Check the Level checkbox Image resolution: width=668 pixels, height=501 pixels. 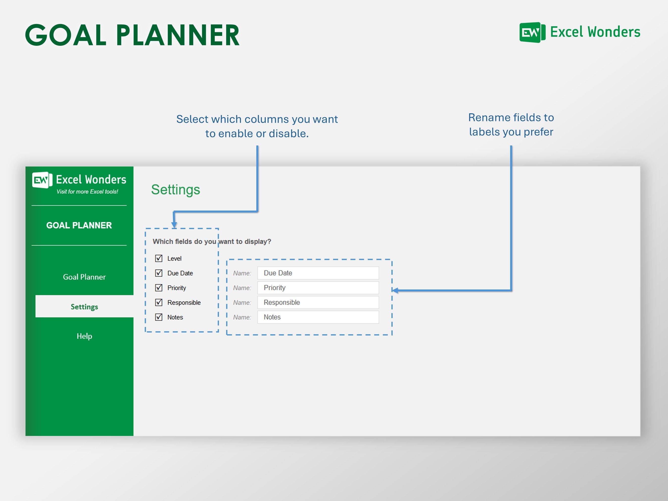click(x=159, y=258)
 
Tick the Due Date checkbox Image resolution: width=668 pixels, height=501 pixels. click(x=159, y=273)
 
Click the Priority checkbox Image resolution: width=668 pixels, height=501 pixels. click(x=159, y=287)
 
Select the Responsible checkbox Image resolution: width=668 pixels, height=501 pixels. click(x=159, y=302)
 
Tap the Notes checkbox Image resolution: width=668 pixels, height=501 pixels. click(x=159, y=317)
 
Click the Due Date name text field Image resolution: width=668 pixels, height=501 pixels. click(x=318, y=273)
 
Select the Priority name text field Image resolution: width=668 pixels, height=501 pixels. click(x=318, y=288)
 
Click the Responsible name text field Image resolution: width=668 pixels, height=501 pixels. click(x=318, y=302)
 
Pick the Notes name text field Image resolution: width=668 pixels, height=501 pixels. click(x=318, y=317)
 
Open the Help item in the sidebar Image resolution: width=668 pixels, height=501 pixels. click(x=84, y=336)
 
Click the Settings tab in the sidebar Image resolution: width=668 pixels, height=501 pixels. click(x=84, y=307)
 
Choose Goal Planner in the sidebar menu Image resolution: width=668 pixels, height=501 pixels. click(x=84, y=277)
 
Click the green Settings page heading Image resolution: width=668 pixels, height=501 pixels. click(x=175, y=190)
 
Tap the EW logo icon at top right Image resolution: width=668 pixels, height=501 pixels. click(x=532, y=32)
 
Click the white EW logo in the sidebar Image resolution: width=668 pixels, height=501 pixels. click(x=42, y=180)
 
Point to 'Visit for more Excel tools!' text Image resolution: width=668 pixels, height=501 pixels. click(x=87, y=192)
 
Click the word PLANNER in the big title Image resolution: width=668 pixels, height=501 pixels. click(x=178, y=35)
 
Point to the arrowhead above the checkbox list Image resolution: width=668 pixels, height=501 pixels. click(x=174, y=225)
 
